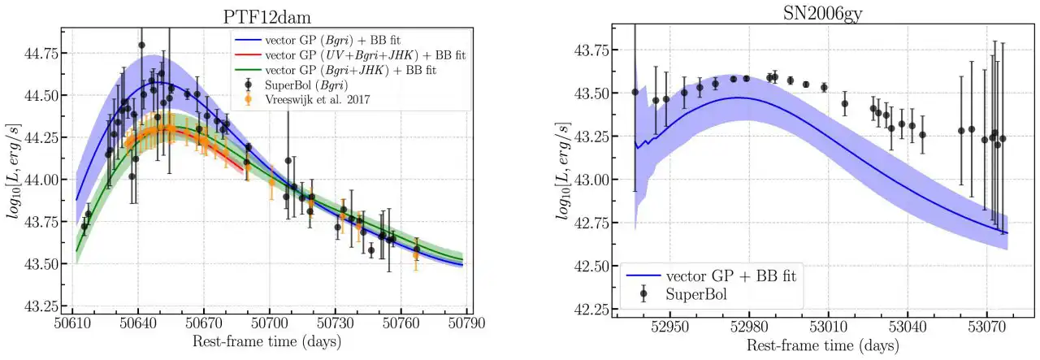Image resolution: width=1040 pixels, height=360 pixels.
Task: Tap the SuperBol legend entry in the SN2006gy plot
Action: tap(695, 294)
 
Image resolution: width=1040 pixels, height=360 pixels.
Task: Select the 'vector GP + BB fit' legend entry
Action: tap(715, 275)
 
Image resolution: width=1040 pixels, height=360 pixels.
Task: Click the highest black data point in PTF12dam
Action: tap(141, 46)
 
